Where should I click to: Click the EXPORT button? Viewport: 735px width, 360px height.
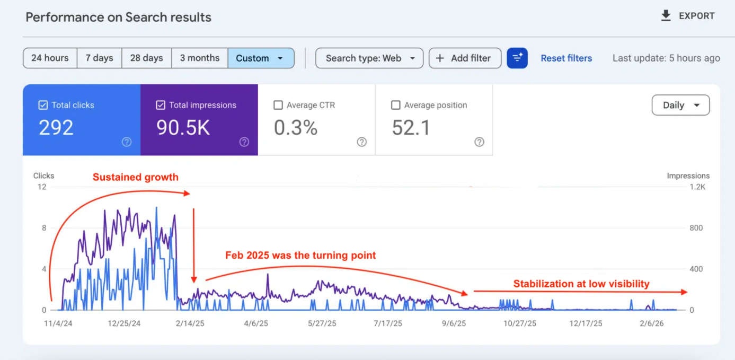[688, 16]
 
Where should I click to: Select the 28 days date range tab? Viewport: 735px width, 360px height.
[146, 58]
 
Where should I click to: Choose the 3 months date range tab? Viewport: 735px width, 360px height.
[199, 58]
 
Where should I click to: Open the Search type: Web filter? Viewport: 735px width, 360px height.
[369, 58]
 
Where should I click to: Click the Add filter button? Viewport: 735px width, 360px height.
[464, 58]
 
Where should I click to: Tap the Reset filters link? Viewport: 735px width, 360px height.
[566, 58]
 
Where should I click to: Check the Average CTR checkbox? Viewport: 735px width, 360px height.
[278, 105]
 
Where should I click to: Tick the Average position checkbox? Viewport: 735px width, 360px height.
[396, 105]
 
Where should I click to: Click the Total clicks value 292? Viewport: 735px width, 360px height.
[56, 128]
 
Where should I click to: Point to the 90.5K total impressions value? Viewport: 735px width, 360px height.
[183, 128]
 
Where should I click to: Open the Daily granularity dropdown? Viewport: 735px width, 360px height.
[680, 105]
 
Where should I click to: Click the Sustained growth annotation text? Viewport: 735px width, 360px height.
[136, 177]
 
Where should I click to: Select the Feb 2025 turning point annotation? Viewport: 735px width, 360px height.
[300, 256]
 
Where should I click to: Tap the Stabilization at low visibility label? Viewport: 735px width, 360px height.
[581, 284]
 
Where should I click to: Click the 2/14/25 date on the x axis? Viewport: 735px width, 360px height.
[189, 323]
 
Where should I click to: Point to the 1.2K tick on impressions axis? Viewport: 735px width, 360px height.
[697, 187]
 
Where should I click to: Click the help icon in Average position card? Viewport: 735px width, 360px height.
[479, 142]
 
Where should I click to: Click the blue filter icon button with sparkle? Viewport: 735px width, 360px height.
[517, 58]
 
